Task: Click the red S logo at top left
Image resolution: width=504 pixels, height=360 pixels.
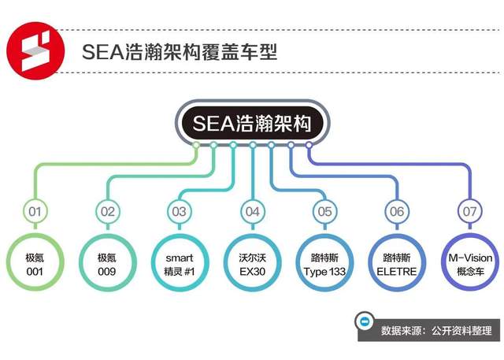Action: coord(35,50)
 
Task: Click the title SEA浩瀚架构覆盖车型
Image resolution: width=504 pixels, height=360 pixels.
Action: coord(180,51)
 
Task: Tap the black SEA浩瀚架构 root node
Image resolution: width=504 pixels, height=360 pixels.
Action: coord(252,123)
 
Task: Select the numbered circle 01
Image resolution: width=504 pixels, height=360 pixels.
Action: coord(35,211)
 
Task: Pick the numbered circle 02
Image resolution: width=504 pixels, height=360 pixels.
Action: coord(108,211)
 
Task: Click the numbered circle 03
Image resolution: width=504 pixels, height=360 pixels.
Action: coord(180,211)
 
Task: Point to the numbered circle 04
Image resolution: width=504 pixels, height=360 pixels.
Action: coord(253,211)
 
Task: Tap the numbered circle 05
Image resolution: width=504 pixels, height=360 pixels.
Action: coord(325,211)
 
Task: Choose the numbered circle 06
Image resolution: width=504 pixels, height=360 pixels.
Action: coord(397,211)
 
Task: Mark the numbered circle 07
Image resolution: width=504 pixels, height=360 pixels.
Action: coord(470,211)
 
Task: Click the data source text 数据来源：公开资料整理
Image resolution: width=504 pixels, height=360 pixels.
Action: coord(436,330)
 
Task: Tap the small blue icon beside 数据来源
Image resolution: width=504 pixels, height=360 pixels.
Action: coord(365,321)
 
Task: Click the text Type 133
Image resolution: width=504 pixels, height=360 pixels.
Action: coord(324,272)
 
